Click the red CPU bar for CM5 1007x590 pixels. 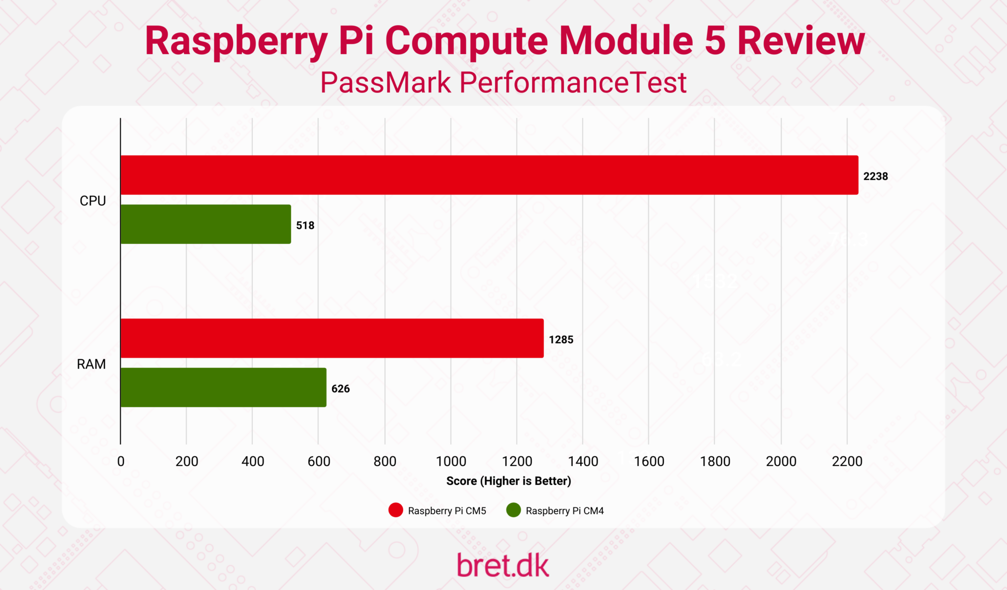click(x=489, y=175)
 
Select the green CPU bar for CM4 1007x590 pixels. click(x=206, y=224)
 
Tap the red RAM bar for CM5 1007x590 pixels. click(x=332, y=338)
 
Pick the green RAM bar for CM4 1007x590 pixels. click(x=223, y=387)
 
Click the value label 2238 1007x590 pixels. click(x=875, y=177)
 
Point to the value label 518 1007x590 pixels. click(x=305, y=226)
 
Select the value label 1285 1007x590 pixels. click(x=561, y=340)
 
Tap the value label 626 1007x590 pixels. click(x=340, y=389)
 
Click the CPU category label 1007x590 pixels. click(x=92, y=201)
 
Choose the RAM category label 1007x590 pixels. click(x=91, y=364)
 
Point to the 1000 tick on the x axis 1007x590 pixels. click(x=451, y=461)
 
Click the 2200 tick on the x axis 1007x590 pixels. click(x=847, y=461)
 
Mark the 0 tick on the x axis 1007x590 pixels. click(x=121, y=461)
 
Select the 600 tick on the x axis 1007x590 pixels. click(x=319, y=461)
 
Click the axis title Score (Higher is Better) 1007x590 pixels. click(x=508, y=481)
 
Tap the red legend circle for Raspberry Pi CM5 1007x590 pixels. click(x=396, y=510)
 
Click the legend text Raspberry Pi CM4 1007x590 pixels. click(x=564, y=511)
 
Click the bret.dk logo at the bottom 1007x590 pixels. click(x=503, y=565)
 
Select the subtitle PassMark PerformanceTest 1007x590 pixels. click(x=503, y=83)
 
